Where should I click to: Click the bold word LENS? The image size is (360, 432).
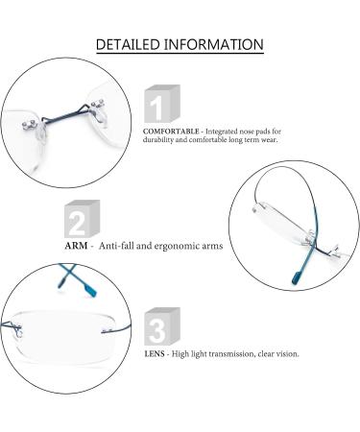[x=153, y=353]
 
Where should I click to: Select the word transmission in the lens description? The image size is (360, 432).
[x=230, y=353]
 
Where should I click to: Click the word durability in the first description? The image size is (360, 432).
[x=165, y=136]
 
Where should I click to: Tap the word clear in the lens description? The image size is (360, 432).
[x=265, y=353]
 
